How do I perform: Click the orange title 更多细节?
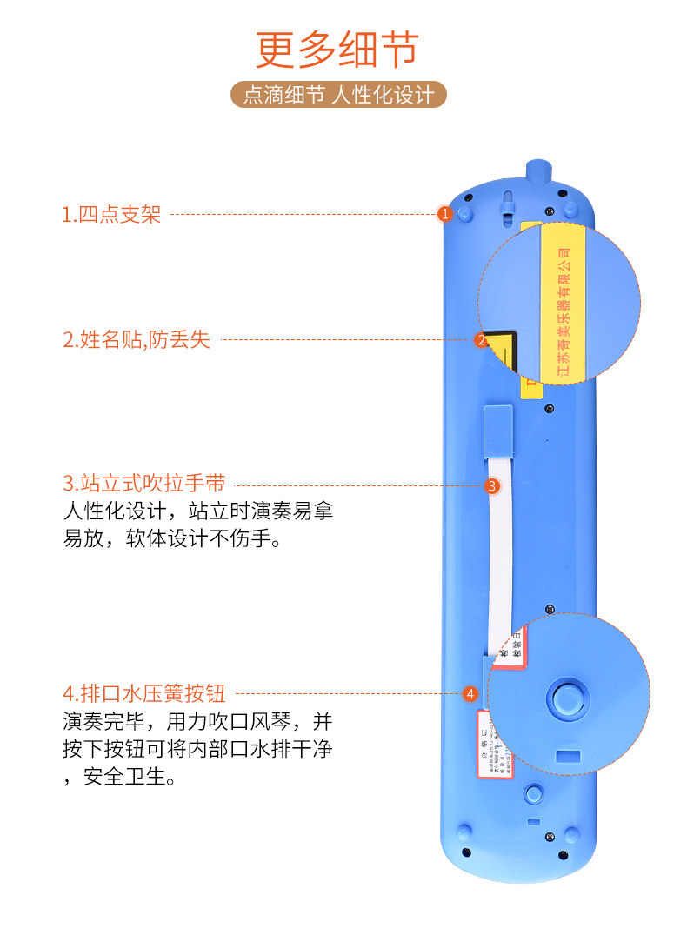[337, 50]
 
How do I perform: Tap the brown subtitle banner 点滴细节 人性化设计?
[338, 94]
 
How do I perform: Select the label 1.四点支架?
[111, 214]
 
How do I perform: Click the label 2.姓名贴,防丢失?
[136, 339]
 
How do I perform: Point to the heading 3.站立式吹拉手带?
[143, 484]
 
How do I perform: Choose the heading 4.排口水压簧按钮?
[143, 693]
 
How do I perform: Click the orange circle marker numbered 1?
[444, 213]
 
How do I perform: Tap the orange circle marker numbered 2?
[481, 340]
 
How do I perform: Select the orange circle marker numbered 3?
[492, 486]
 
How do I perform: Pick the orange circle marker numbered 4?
[470, 693]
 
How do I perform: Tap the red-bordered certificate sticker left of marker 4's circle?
[494, 744]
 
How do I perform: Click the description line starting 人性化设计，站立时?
[197, 511]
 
